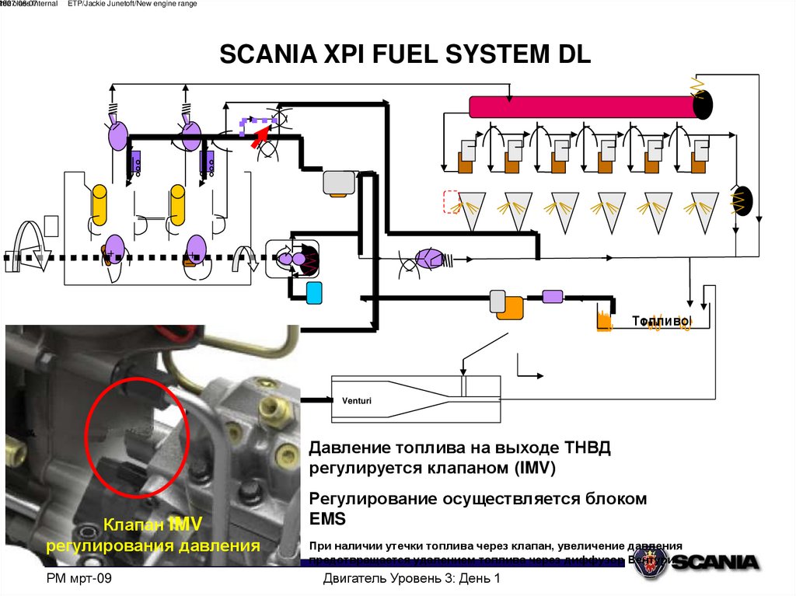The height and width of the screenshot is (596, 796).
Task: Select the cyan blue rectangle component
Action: pyautogui.click(x=314, y=293)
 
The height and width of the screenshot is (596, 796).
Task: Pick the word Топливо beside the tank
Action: pyautogui.click(x=660, y=320)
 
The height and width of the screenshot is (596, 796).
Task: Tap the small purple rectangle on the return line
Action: pyautogui.click(x=552, y=296)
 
